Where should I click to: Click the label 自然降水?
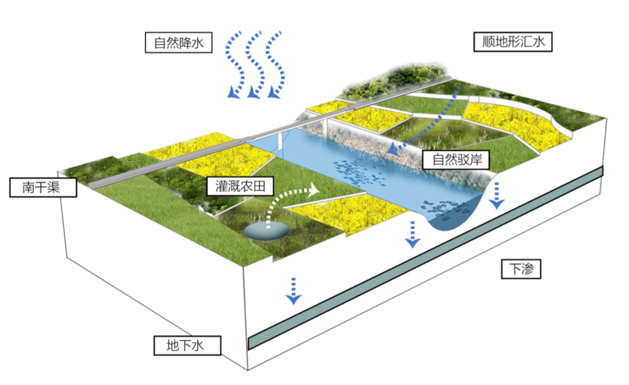pyautogui.click(x=178, y=43)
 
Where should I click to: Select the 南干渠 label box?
pyautogui.click(x=43, y=187)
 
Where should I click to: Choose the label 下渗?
pyautogui.click(x=522, y=270)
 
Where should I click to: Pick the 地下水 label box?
pyautogui.click(x=187, y=345)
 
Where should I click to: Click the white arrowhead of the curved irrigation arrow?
pyautogui.click(x=314, y=189)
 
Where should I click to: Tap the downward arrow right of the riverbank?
pyautogui.click(x=497, y=195)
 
